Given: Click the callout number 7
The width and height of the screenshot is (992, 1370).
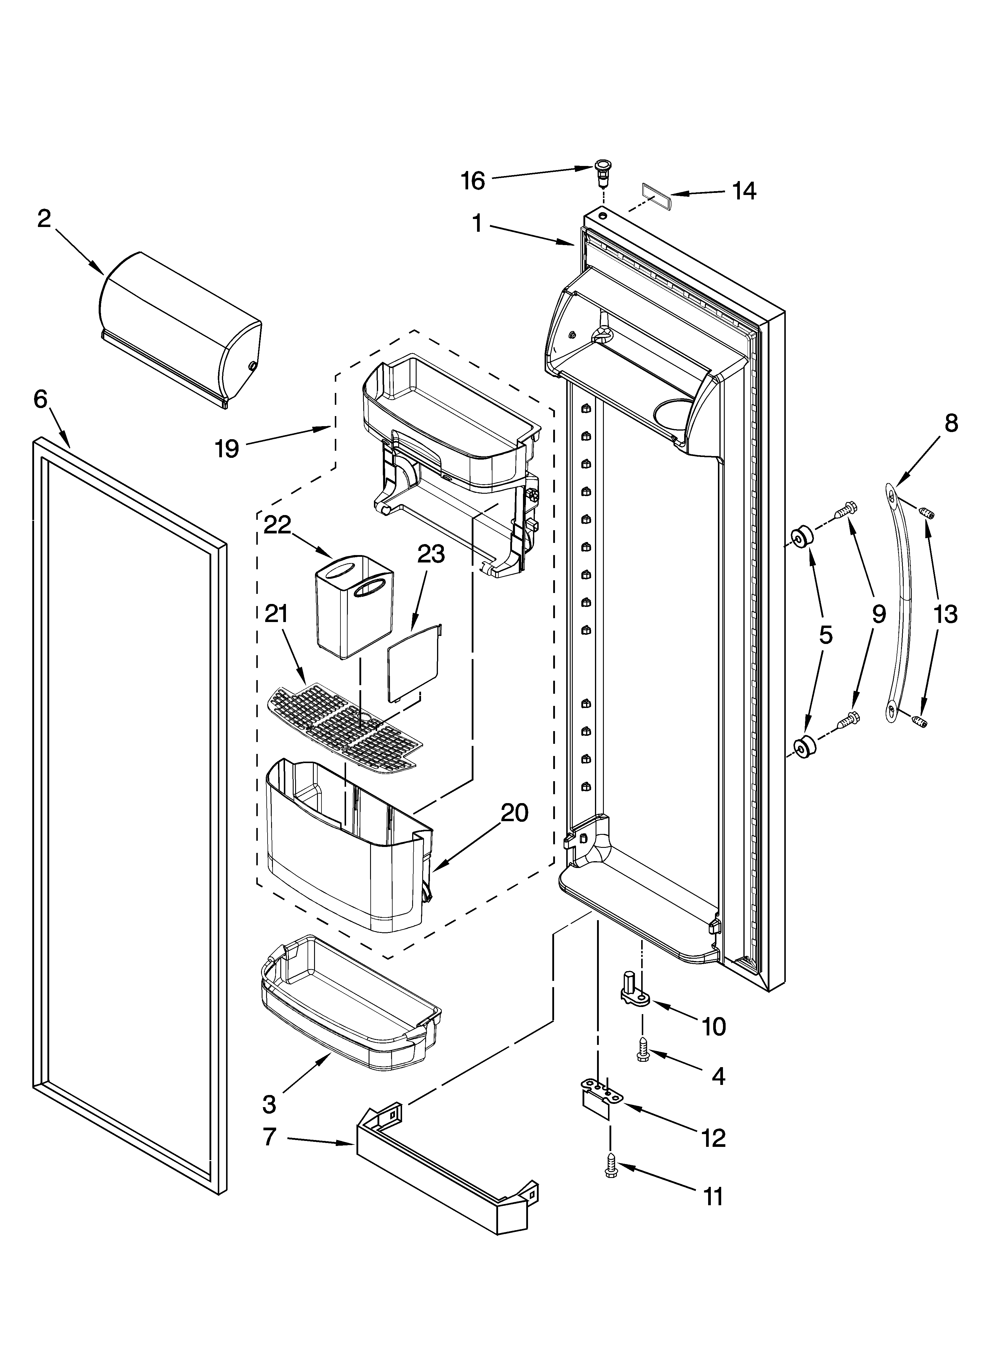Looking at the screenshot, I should [x=269, y=1137].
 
